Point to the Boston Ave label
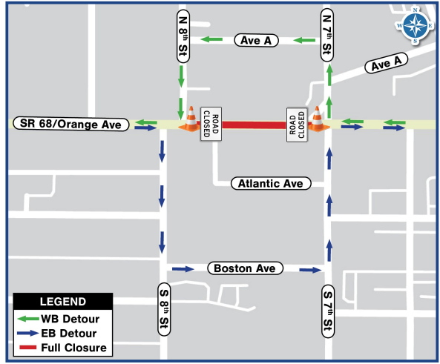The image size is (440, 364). [246, 268]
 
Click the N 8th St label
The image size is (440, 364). [183, 33]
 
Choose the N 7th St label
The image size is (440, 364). [326, 34]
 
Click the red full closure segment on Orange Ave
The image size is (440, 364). [255, 125]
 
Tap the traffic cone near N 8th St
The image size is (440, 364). [191, 120]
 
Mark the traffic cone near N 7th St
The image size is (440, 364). [318, 120]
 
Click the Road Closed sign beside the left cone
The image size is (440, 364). [211, 125]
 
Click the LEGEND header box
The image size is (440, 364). [62, 302]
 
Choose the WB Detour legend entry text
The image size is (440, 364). [73, 320]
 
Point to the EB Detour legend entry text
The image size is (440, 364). [73, 334]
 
